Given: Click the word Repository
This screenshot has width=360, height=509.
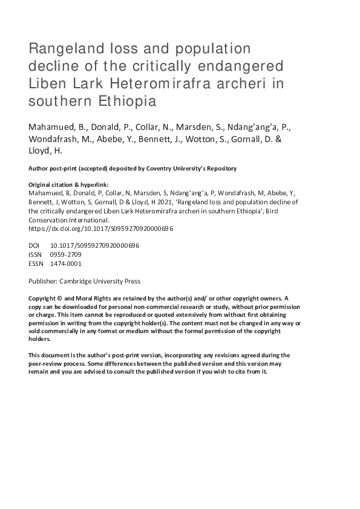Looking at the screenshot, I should pos(220,168).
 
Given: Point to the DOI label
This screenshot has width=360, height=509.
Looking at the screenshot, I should pos(34,247).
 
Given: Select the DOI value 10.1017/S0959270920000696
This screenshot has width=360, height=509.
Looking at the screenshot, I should pos(95,247).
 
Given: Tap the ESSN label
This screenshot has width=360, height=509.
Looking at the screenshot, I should pos(36,264).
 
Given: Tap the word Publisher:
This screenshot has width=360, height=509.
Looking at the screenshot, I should pos(44,282).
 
